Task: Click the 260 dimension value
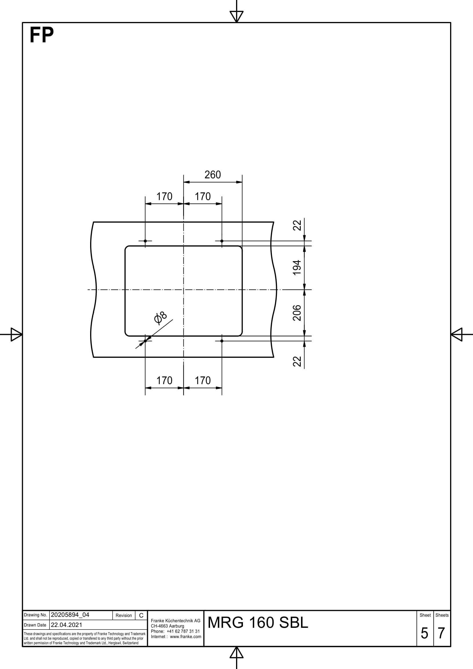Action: [212, 175]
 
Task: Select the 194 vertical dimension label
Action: [297, 267]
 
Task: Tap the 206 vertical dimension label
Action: [297, 313]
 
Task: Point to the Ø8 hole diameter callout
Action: [160, 318]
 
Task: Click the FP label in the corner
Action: [42, 35]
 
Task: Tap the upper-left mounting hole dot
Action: [145, 241]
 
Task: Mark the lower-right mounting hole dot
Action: [222, 341]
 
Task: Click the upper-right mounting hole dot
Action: [222, 241]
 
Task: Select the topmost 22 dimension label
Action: [297, 225]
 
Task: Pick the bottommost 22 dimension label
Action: [297, 361]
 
